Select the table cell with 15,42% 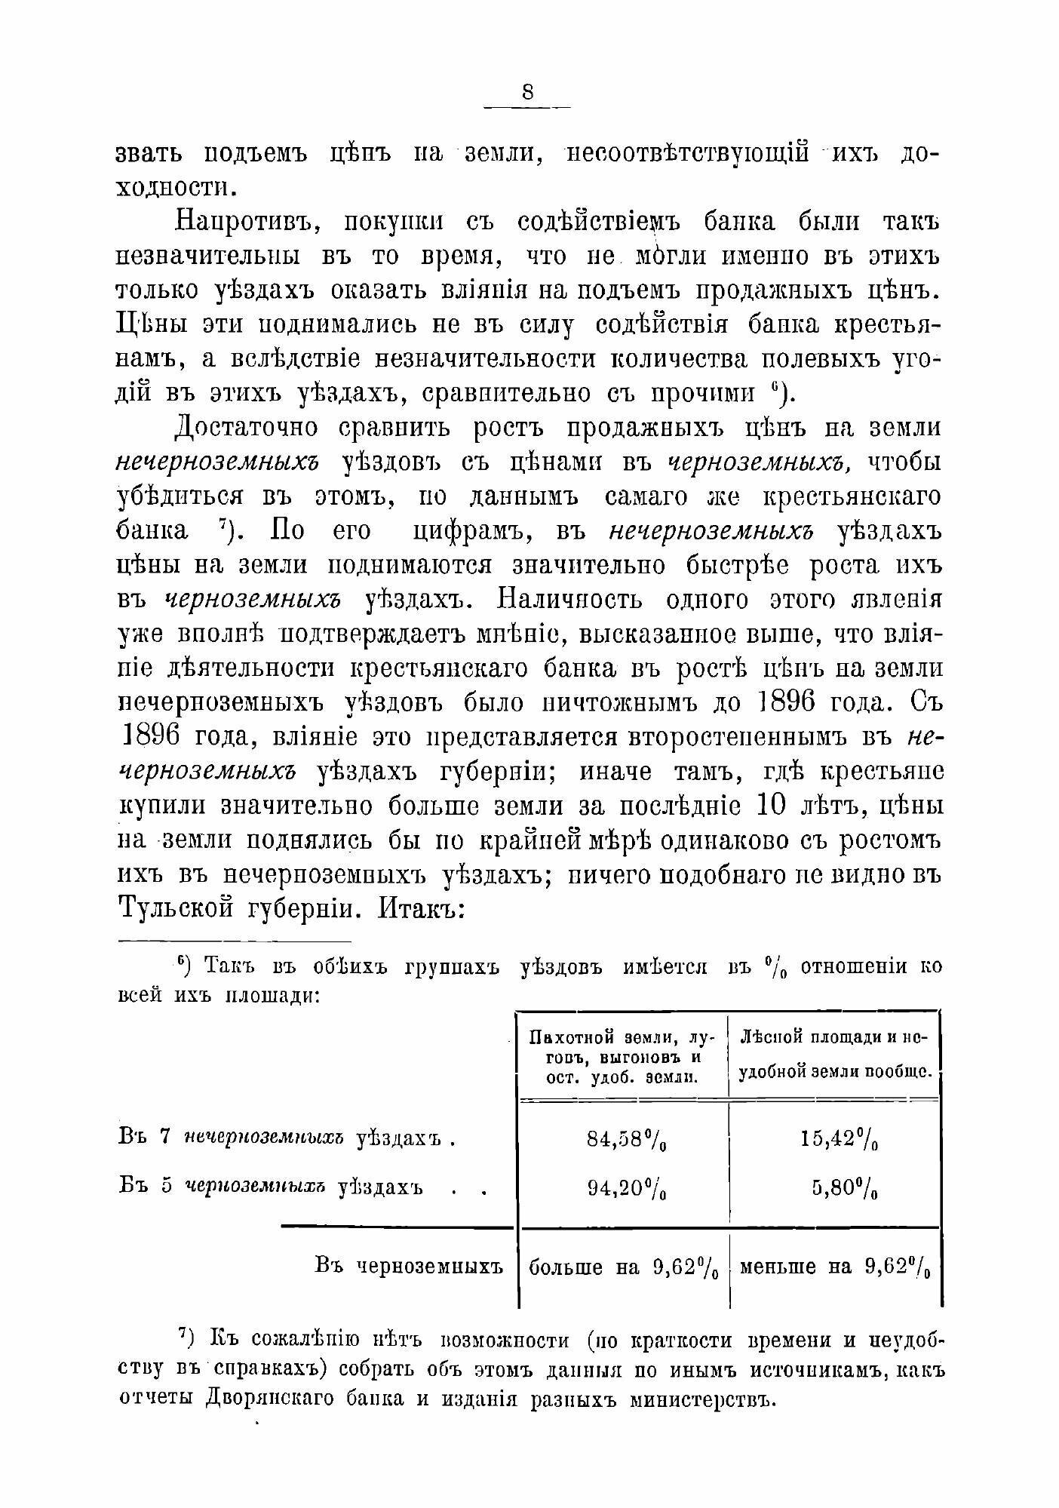pos(834,1138)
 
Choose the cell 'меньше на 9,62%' pos(835,1267)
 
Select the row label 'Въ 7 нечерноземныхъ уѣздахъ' pos(287,1138)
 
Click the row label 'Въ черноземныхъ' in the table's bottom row pos(408,1265)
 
